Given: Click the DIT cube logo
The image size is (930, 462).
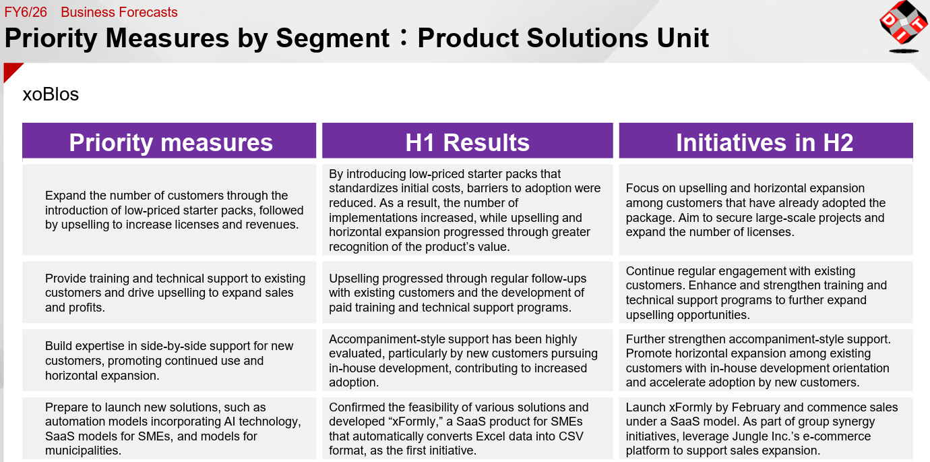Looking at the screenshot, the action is click(904, 26).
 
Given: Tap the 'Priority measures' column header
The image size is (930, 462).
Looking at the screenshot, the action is click(169, 140).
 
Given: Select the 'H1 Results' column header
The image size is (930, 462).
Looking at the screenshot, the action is click(468, 140).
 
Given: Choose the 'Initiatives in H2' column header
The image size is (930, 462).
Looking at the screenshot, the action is click(766, 140).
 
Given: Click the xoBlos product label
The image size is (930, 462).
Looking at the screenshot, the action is click(51, 94).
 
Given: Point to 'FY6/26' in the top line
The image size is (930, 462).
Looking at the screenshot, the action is click(26, 12).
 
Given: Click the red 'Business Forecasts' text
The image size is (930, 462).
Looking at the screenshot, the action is click(119, 12).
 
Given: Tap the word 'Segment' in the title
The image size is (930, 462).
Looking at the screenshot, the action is click(332, 38).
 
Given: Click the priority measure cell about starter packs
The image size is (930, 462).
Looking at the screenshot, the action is click(169, 210).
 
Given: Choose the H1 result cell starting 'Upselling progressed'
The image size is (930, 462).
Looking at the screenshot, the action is click(468, 293).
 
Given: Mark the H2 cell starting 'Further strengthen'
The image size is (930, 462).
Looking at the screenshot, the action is click(766, 360).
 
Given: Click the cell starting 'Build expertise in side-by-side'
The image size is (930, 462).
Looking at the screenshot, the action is click(169, 360).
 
